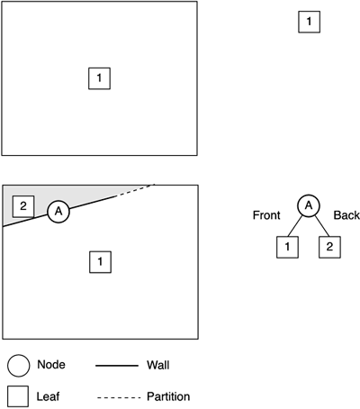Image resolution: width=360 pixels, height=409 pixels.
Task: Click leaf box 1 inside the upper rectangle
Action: pos(99,78)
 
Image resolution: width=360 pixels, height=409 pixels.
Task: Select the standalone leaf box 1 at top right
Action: pos(309,22)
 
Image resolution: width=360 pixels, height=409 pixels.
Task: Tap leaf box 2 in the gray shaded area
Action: pos(23,206)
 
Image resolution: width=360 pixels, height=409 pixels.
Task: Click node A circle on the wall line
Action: pos(58,212)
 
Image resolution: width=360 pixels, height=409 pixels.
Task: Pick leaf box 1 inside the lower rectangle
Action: pos(100,262)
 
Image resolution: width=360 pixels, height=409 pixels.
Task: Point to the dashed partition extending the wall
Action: pos(135,190)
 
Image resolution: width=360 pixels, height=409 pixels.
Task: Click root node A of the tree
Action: pos(309,205)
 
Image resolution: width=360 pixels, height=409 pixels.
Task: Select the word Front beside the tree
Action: pos(266,215)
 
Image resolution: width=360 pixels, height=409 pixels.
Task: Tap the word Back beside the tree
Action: pos(346,215)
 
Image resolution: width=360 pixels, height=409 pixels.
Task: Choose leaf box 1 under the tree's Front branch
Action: pos(287,247)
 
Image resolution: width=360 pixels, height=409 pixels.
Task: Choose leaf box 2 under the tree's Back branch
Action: pos(329,247)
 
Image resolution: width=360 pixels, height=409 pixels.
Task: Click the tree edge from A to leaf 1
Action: pos(294,226)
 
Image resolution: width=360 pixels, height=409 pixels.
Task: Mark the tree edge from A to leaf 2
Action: pos(322,226)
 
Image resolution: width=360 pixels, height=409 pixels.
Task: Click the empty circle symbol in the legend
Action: pos(19,366)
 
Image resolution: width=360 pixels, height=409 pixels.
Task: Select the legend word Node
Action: pos(51,365)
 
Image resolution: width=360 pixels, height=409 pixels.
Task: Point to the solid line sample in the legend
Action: pos(117,366)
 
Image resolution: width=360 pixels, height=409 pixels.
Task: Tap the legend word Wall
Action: pos(158,365)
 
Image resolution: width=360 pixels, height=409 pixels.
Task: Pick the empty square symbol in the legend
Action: pos(18,396)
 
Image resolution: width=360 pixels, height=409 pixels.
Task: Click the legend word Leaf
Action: pos(48,396)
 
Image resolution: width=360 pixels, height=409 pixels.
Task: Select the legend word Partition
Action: pos(168,396)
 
